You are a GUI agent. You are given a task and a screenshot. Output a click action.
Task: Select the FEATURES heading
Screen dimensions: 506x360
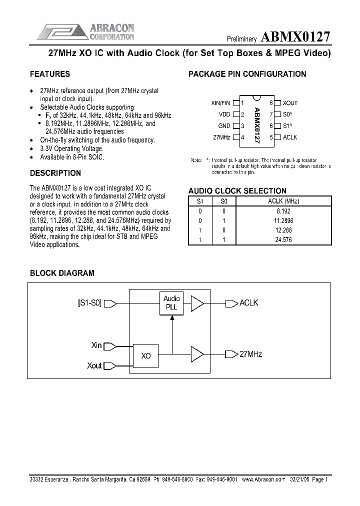click(50, 74)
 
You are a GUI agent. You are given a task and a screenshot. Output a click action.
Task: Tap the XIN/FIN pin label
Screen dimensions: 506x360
click(221, 103)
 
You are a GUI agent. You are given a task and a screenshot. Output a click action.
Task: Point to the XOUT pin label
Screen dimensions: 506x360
click(290, 103)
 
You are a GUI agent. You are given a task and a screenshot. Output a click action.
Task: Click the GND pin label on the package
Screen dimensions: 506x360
click(224, 126)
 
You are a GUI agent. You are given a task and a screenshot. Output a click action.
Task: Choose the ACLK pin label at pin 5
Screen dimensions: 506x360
click(290, 137)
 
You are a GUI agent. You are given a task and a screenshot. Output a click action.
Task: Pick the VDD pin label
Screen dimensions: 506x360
click(224, 114)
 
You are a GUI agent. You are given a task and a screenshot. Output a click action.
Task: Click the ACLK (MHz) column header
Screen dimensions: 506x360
click(283, 201)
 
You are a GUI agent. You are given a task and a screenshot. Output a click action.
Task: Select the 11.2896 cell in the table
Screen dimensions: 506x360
click(283, 220)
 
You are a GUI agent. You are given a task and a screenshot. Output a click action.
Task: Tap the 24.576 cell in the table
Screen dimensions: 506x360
click(283, 239)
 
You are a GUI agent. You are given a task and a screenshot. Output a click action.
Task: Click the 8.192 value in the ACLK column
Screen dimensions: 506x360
click(283, 210)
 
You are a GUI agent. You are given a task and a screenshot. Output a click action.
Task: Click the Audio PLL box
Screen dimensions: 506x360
click(171, 303)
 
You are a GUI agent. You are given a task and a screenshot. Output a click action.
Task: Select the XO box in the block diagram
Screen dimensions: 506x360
click(146, 356)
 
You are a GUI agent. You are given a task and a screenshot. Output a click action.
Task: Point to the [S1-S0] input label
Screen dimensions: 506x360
click(89, 303)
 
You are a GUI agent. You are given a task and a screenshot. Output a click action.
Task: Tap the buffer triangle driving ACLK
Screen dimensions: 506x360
click(197, 303)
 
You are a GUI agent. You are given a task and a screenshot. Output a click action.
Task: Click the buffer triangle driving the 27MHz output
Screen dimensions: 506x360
click(197, 354)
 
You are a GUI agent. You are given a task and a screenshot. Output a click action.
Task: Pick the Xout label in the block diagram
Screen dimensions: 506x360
click(94, 366)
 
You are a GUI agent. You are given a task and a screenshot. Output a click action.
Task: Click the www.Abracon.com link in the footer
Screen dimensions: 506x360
click(263, 479)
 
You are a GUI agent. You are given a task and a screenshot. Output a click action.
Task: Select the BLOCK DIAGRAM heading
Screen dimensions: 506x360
click(62, 273)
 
